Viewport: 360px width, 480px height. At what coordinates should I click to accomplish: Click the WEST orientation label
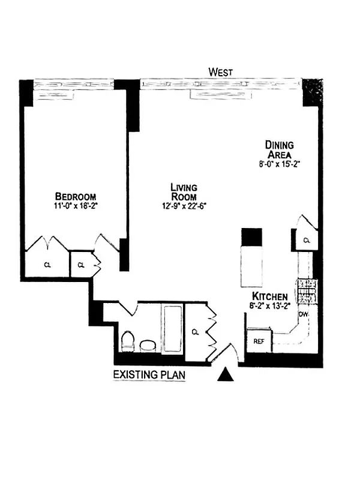(x=220, y=72)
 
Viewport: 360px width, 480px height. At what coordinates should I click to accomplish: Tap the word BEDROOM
(x=75, y=196)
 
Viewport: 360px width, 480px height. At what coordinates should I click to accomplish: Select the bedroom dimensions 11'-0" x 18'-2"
(x=75, y=206)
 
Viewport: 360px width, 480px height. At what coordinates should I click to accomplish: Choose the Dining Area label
(x=280, y=149)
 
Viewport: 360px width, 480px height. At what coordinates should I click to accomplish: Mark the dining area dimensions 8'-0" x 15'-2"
(x=280, y=163)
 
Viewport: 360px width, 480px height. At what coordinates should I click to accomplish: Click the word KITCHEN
(x=270, y=297)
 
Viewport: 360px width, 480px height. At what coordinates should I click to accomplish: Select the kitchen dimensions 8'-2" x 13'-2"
(x=270, y=306)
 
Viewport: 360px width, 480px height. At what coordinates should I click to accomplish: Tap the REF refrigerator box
(x=259, y=341)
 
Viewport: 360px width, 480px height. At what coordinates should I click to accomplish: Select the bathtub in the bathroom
(x=172, y=329)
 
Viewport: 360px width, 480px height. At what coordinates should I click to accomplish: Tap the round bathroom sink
(x=147, y=346)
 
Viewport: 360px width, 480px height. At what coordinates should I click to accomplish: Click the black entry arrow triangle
(x=226, y=375)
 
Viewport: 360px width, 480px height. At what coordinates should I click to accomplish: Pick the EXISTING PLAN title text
(x=149, y=375)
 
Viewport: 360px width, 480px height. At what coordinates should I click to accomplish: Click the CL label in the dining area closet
(x=306, y=241)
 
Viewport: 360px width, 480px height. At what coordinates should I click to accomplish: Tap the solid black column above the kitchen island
(x=251, y=236)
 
